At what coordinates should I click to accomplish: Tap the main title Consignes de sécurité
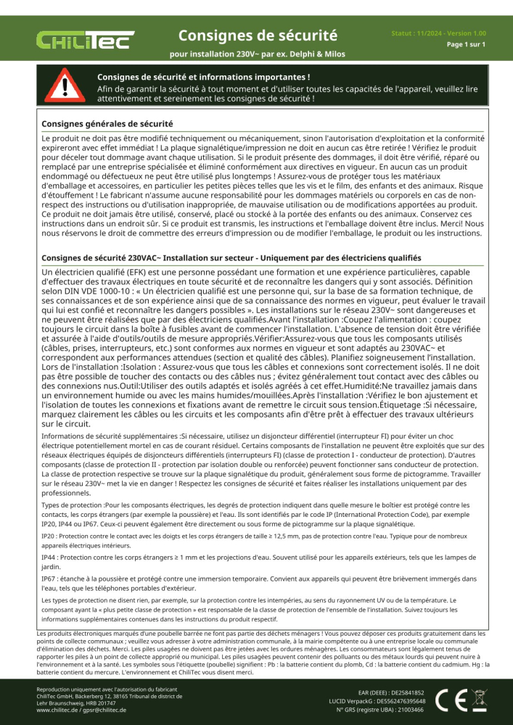[x=258, y=35]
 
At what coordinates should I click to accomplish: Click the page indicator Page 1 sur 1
[x=465, y=44]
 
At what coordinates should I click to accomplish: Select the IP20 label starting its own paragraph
[x=50, y=538]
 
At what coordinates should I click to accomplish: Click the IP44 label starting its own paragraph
[x=50, y=558]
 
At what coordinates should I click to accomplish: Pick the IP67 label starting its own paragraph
[x=50, y=579]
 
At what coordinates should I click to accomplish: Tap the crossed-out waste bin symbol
[x=478, y=699]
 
